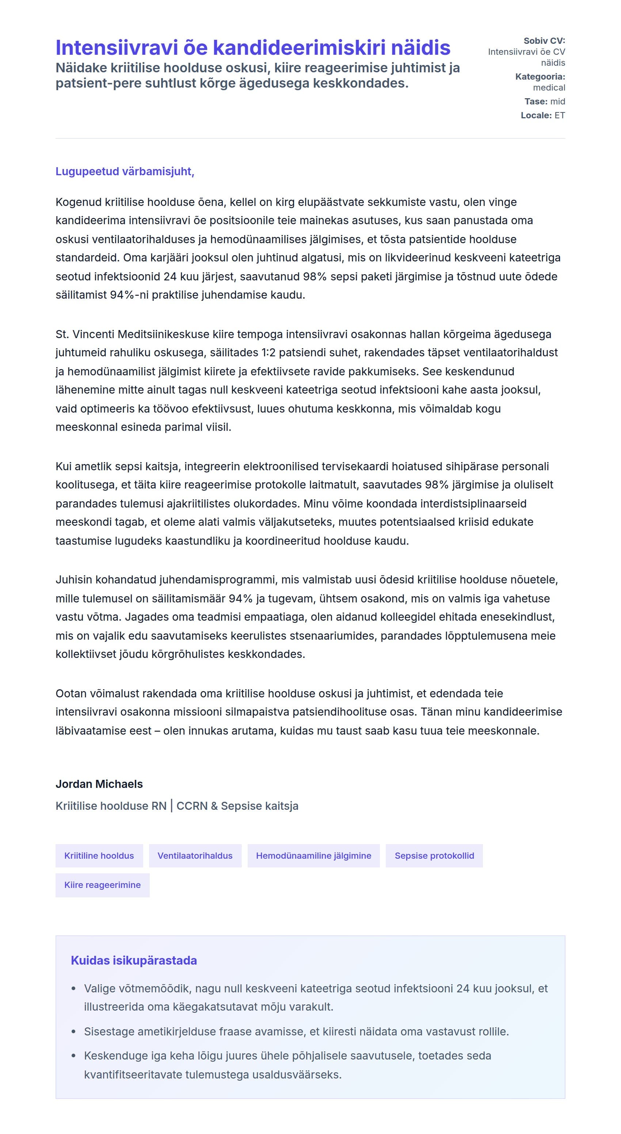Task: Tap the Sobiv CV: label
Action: pos(544,41)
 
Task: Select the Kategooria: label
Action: pos(540,77)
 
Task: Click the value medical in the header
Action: pos(549,88)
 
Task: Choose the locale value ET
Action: pos(559,115)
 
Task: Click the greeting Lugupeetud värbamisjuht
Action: pos(125,171)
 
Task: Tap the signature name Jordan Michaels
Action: pos(99,784)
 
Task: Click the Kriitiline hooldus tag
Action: pos(99,856)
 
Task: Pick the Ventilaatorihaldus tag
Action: pos(195,856)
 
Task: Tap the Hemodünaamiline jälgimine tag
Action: pos(313,856)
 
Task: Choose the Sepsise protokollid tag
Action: pos(434,856)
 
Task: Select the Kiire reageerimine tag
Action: pos(103,885)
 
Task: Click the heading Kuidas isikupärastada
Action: pos(134,961)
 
